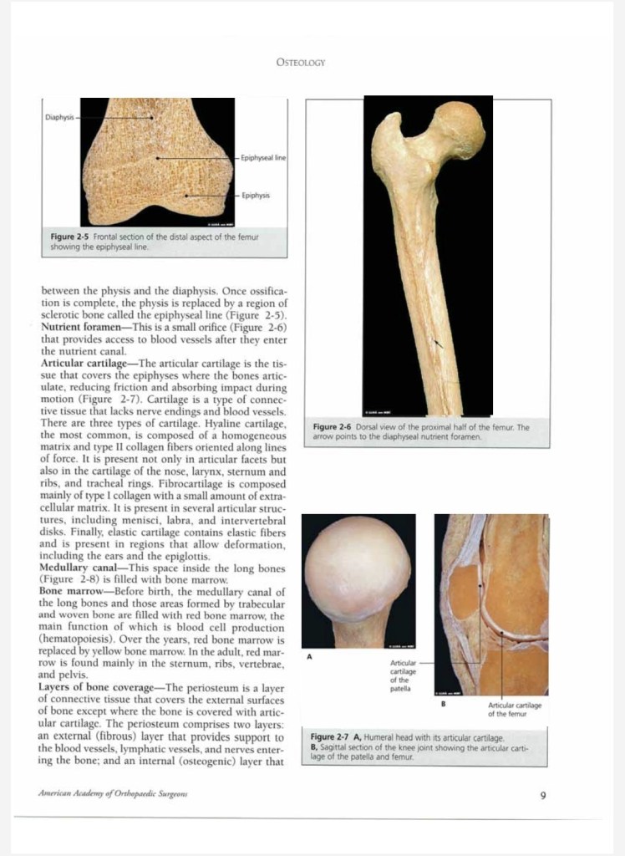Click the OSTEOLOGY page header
[300, 63]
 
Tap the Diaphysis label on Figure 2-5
[59, 118]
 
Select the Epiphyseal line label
[262, 158]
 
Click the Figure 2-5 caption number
[69, 237]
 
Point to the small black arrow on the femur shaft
[438, 342]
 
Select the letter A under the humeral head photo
[309, 656]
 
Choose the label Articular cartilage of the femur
[515, 710]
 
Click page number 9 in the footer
[542, 795]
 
